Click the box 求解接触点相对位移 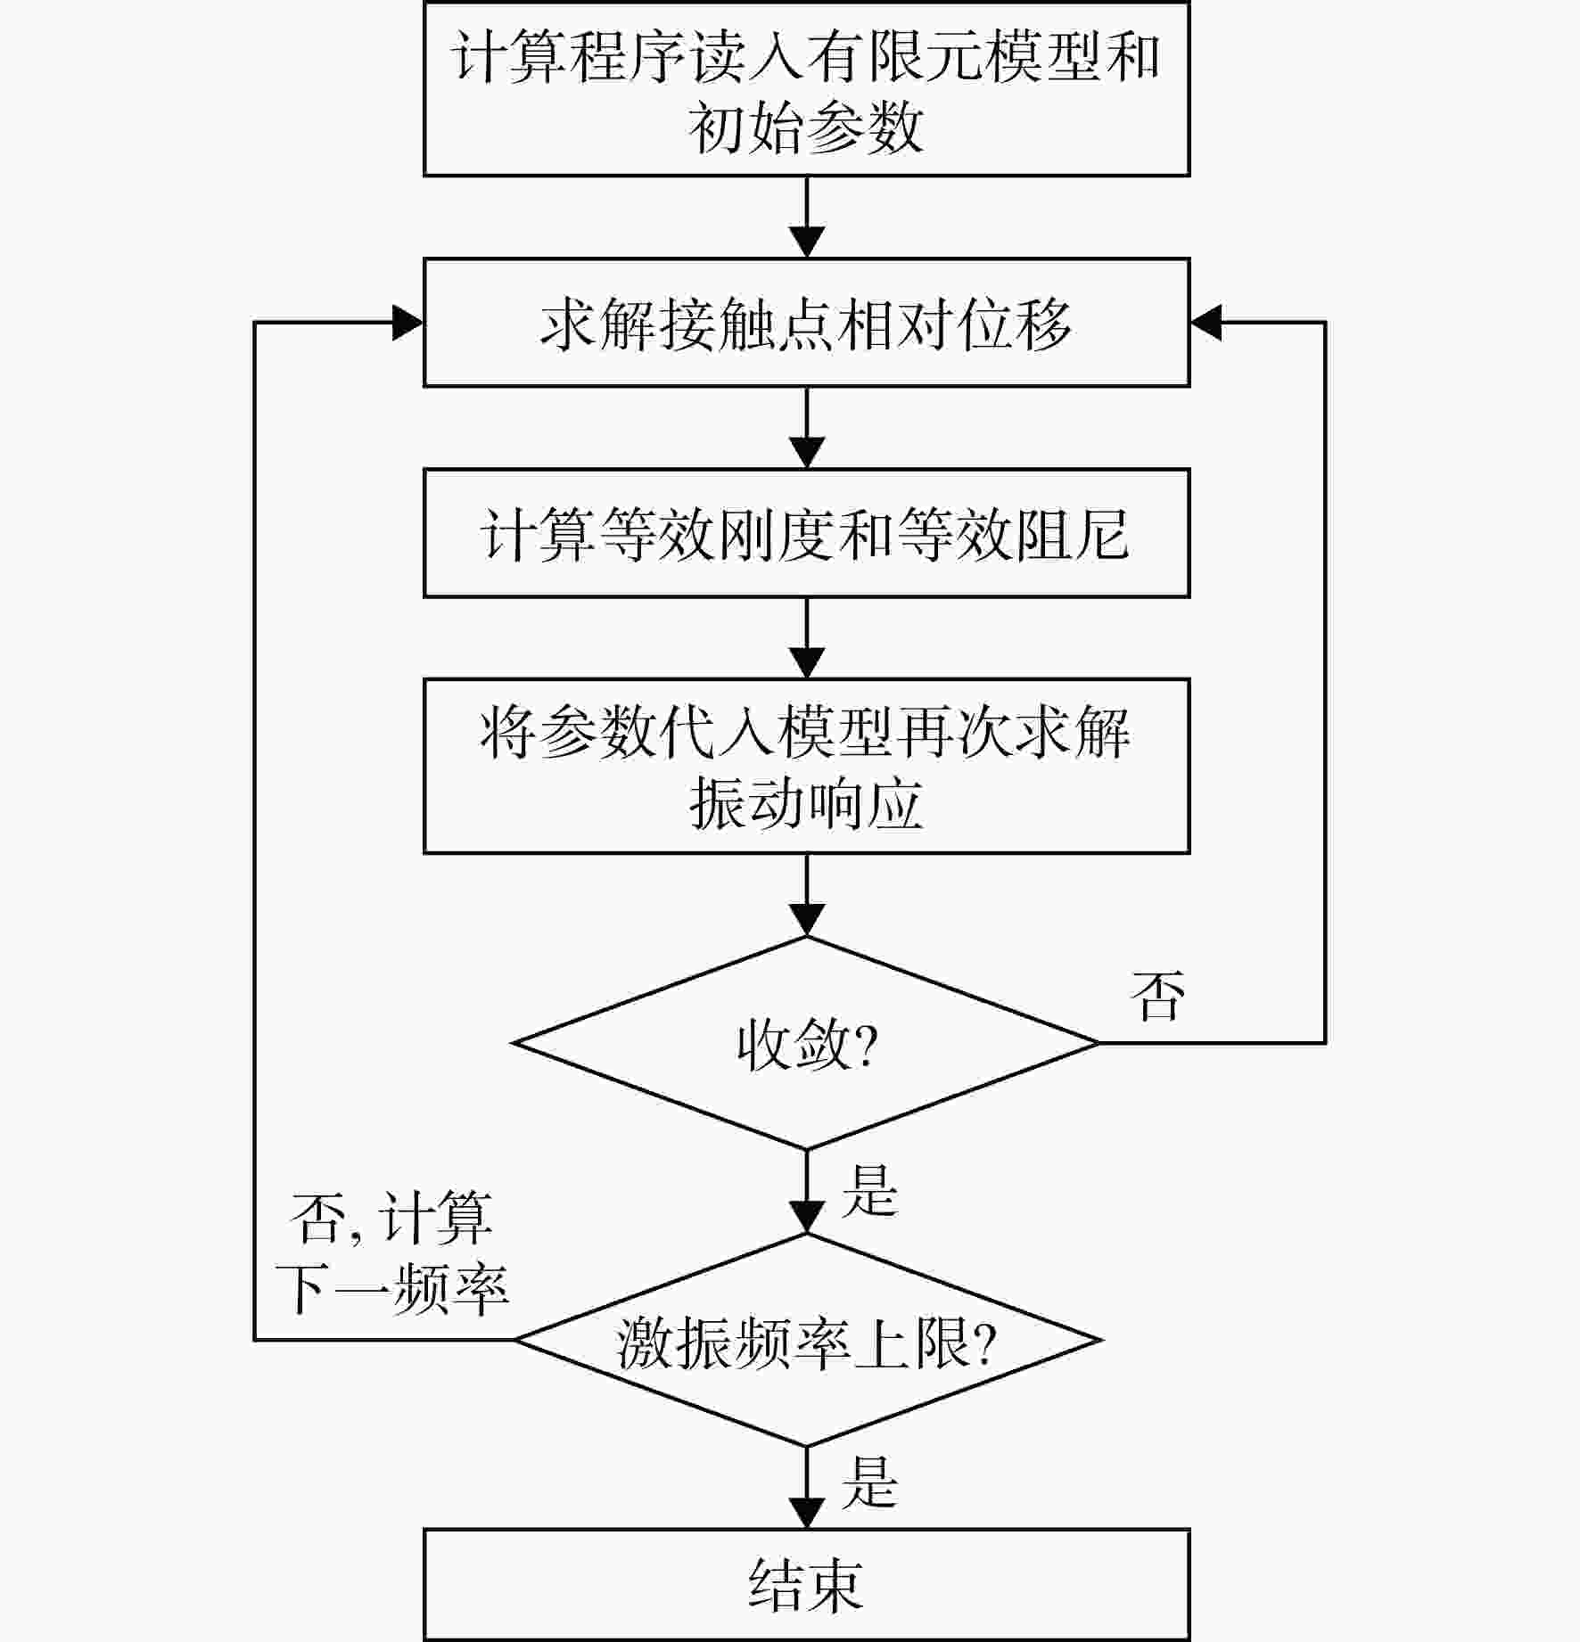(x=806, y=323)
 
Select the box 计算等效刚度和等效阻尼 (x=806, y=533)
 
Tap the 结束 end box (x=806, y=1585)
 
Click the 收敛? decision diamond (x=806, y=1043)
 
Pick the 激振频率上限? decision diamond (x=808, y=1340)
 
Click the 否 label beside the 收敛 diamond (x=1157, y=995)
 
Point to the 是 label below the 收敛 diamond (x=868, y=1190)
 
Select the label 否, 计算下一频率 (x=392, y=1253)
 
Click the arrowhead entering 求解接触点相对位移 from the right (x=1206, y=323)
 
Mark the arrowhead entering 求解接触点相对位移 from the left (x=407, y=323)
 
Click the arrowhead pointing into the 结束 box (x=807, y=1514)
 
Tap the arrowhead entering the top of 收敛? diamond (x=807, y=920)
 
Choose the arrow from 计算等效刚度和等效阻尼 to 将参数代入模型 (x=807, y=638)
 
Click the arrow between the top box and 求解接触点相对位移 (x=807, y=217)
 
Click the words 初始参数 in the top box (x=806, y=127)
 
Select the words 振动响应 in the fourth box (x=806, y=803)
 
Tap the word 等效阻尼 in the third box (x=1013, y=534)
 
